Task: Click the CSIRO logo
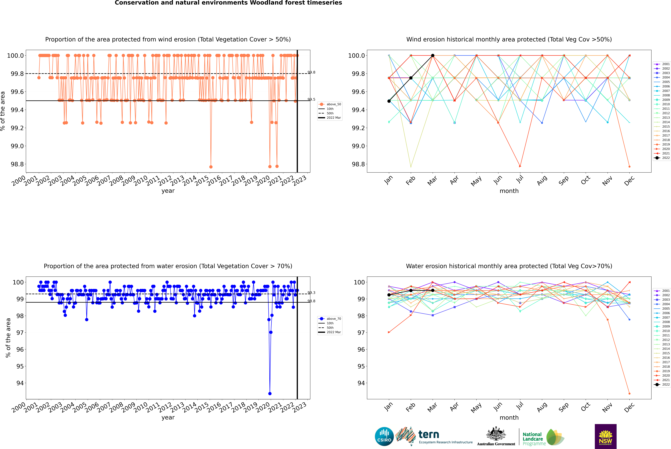pos(384,436)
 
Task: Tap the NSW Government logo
pos(605,436)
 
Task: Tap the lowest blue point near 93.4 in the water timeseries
pos(270,393)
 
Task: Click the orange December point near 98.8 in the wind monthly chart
pos(629,166)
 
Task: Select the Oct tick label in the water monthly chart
pos(585,406)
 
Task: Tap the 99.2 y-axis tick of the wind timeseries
pos(17,128)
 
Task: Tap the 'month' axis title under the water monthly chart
pos(509,418)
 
